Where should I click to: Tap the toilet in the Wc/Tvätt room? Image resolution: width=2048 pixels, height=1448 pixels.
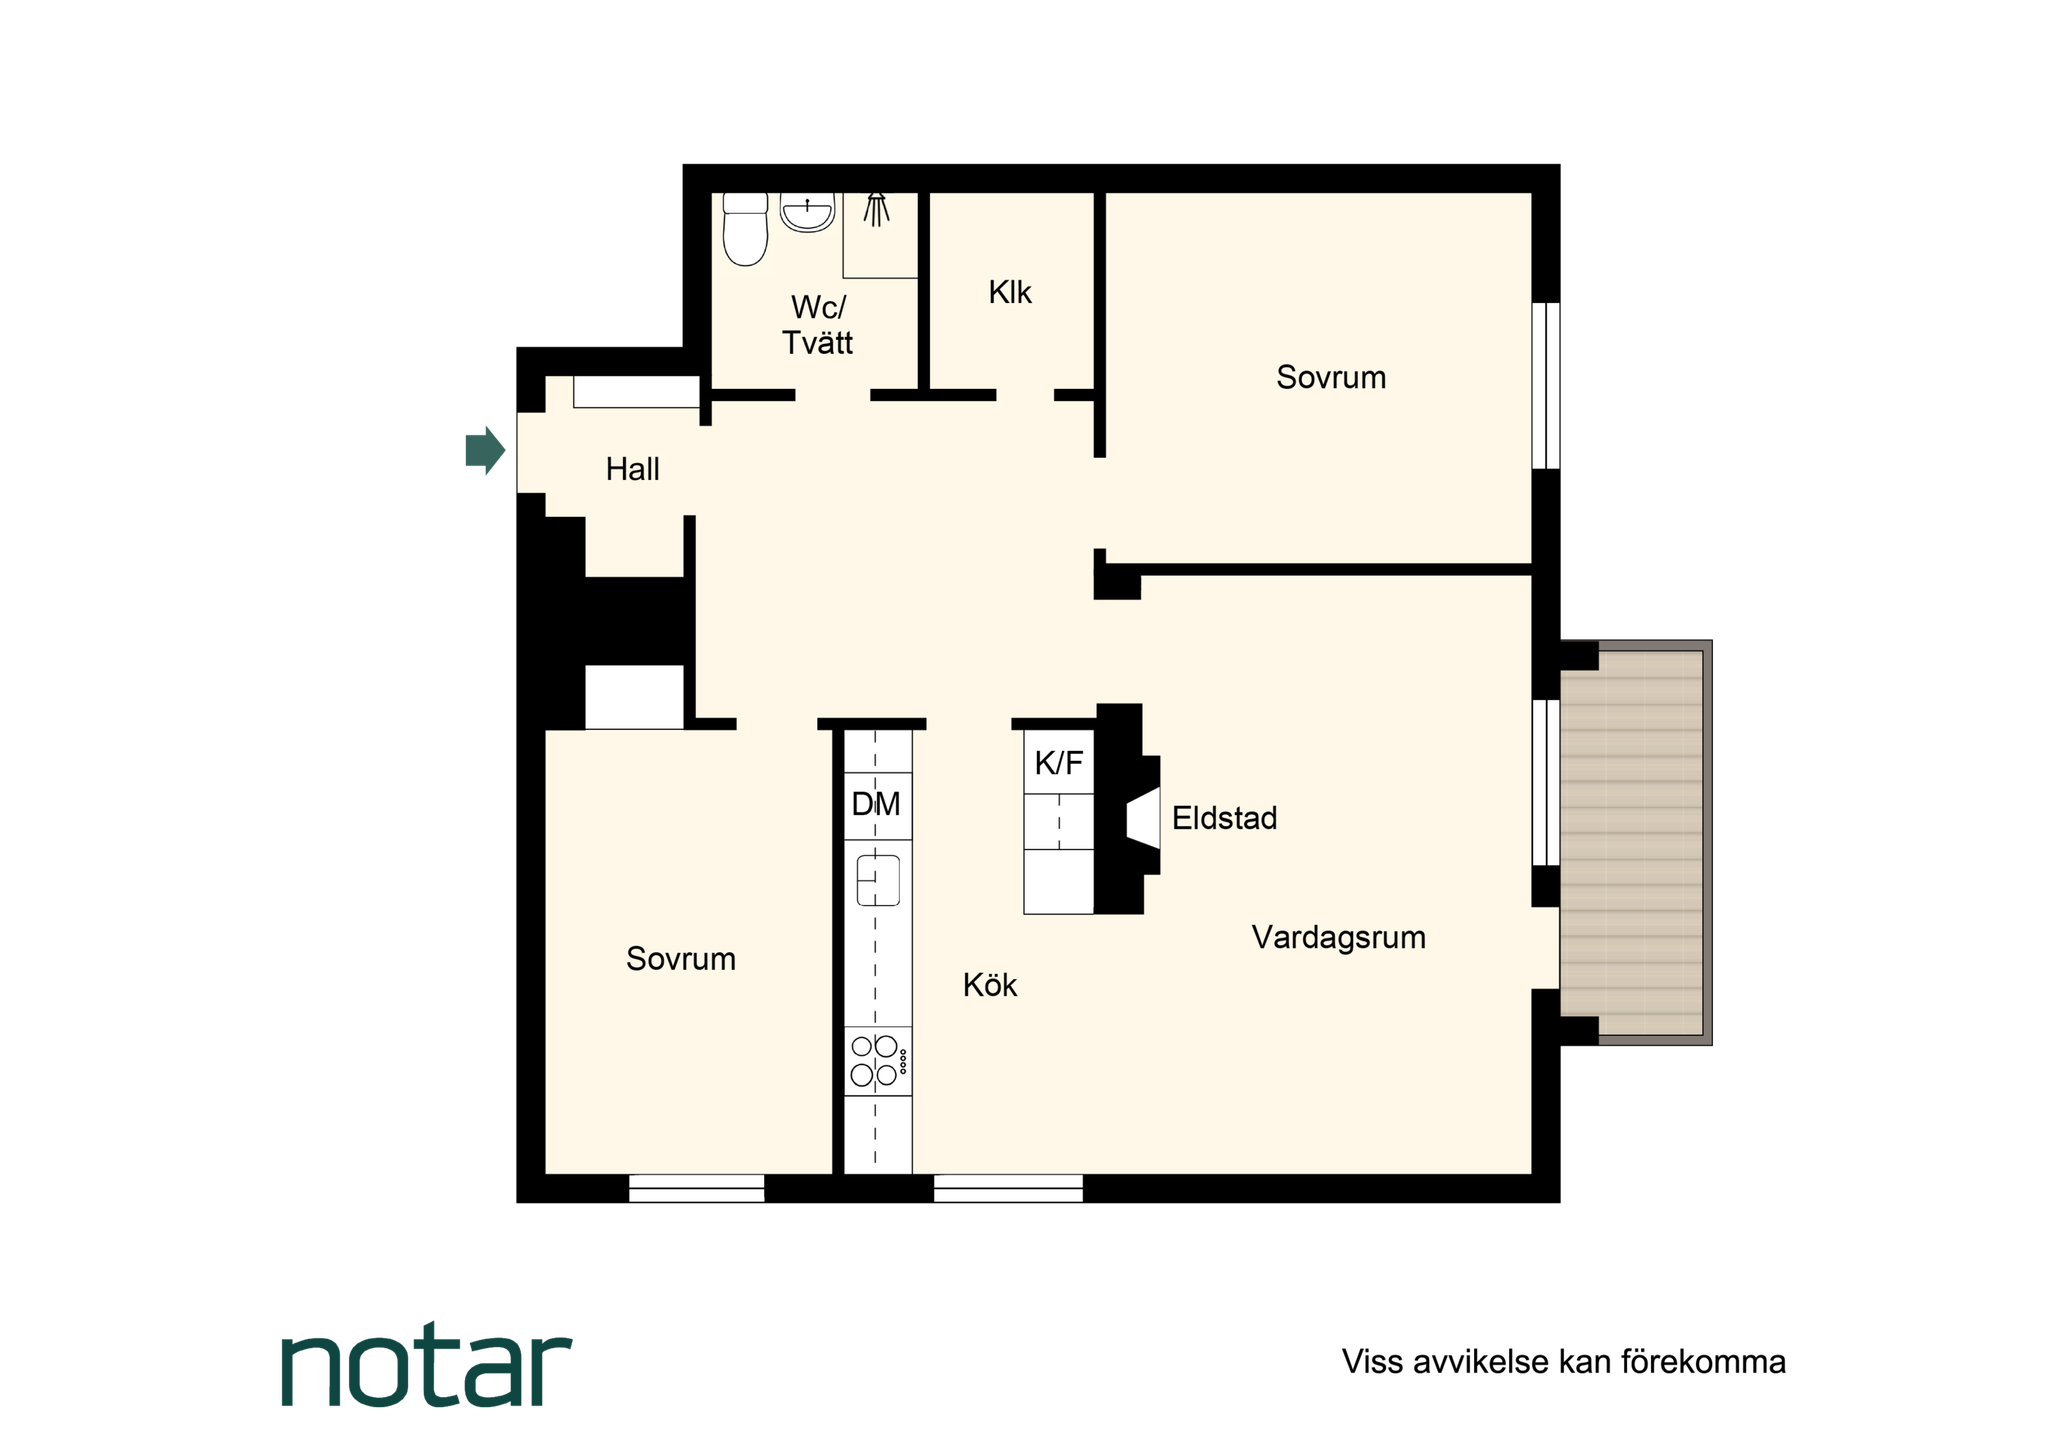pyautogui.click(x=745, y=229)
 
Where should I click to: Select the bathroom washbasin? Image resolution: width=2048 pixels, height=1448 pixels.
pyautogui.click(x=807, y=212)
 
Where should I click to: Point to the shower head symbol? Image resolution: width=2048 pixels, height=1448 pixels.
pyautogui.click(x=877, y=209)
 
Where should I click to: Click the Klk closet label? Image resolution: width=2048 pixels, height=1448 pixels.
pyautogui.click(x=1010, y=293)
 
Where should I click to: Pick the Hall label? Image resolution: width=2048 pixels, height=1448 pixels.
pyautogui.click(x=633, y=469)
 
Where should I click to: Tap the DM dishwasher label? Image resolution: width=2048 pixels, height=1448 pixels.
pyautogui.click(x=876, y=804)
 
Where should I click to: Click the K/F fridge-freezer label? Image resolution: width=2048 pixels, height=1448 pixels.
pyautogui.click(x=1059, y=764)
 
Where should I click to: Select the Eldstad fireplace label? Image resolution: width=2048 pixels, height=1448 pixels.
pyautogui.click(x=1225, y=818)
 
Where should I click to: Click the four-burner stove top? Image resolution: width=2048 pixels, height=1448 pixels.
pyautogui.click(x=878, y=1061)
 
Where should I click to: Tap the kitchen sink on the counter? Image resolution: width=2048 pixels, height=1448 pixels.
pyautogui.click(x=878, y=881)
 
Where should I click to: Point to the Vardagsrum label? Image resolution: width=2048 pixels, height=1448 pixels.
pyautogui.click(x=1339, y=938)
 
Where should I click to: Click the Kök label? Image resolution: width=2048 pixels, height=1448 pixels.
pyautogui.click(x=990, y=985)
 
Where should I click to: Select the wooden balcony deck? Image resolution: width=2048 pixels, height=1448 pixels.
pyautogui.click(x=1631, y=843)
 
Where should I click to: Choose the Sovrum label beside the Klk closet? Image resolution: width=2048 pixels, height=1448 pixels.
pyautogui.click(x=1331, y=377)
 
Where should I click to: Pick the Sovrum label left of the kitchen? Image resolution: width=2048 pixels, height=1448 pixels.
pyautogui.click(x=681, y=959)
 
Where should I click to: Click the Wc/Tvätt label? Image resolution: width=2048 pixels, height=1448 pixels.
pyautogui.click(x=818, y=325)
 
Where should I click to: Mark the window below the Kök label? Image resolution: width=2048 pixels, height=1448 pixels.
pyautogui.click(x=1008, y=1188)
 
